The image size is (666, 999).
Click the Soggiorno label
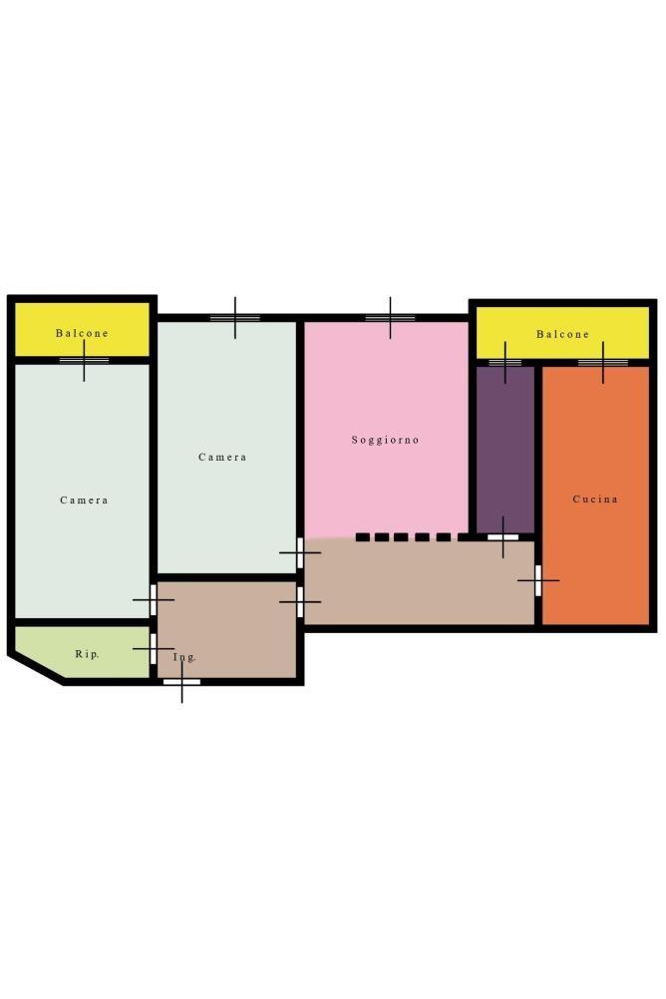click(x=385, y=440)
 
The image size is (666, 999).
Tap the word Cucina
click(x=595, y=499)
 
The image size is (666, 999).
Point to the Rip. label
click(x=87, y=654)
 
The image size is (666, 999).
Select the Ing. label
click(x=184, y=657)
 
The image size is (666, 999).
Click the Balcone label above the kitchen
click(x=562, y=334)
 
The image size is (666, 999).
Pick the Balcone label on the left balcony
click(x=82, y=333)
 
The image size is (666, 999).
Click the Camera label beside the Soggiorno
click(x=222, y=457)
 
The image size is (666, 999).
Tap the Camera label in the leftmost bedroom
click(x=84, y=500)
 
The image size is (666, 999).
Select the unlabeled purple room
click(x=505, y=449)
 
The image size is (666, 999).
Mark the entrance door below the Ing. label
click(x=181, y=682)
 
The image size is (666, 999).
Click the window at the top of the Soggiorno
click(x=390, y=318)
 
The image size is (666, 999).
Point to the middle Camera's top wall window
click(x=235, y=318)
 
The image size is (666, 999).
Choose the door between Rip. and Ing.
click(x=153, y=649)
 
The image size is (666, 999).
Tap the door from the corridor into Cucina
click(x=538, y=580)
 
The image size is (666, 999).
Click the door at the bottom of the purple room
click(x=502, y=537)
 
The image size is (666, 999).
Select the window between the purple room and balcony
click(x=505, y=363)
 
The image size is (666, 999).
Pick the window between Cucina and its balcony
click(x=603, y=363)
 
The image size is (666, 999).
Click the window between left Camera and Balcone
click(x=84, y=361)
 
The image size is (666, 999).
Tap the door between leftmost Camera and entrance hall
click(x=153, y=599)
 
